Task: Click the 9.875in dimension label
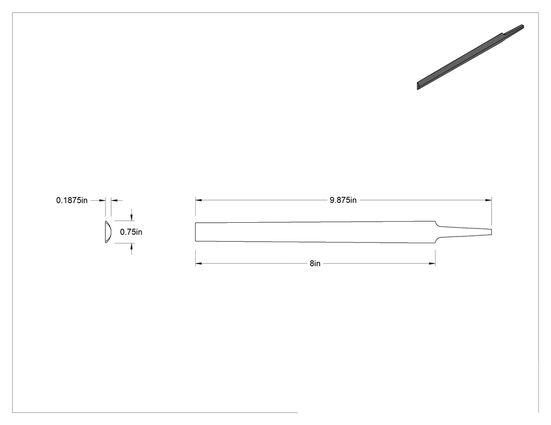coord(343,200)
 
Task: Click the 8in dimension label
coord(315,264)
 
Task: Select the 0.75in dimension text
coord(131,232)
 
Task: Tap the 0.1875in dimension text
coord(72,200)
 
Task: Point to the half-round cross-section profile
coord(108,232)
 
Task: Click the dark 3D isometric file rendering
coord(470,57)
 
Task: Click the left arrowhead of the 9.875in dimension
coord(198,200)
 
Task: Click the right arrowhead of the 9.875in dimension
coord(489,200)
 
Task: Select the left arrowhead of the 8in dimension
coord(198,264)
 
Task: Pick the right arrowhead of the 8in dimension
coord(432,264)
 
